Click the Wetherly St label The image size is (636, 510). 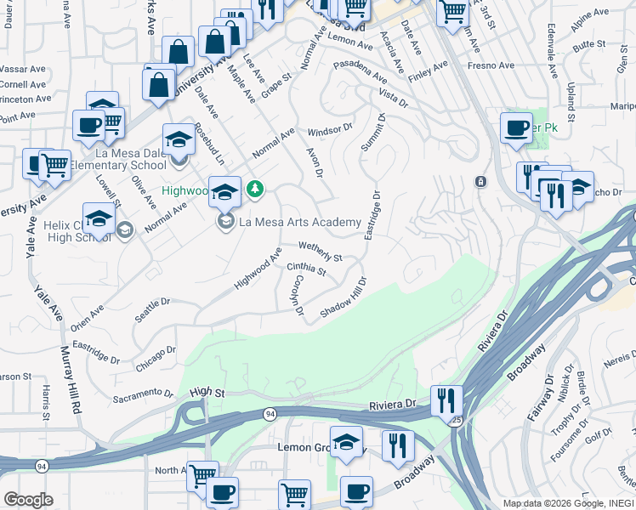pos(320,252)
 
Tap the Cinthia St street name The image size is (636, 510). pos(307,269)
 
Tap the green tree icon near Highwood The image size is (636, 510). pos(253,188)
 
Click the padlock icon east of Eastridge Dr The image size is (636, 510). pos(480,182)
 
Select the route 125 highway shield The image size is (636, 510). pos(457,419)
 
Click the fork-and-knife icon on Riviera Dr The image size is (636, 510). pos(446,399)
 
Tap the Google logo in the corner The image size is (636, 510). pos(29,500)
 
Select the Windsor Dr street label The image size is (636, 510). pos(330,130)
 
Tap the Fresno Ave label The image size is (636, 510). pos(494,65)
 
